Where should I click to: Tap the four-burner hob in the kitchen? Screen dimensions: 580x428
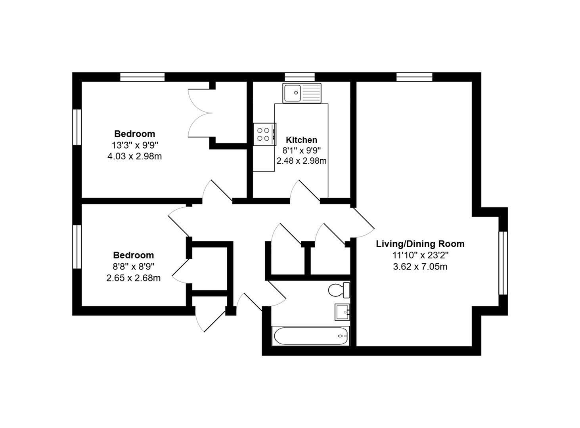[x=264, y=134]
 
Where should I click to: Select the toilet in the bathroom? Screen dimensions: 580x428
[x=339, y=290]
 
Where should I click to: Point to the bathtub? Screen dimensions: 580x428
[x=310, y=336]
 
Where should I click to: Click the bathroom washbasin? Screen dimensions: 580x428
[x=342, y=312]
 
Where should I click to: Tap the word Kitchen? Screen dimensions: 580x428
[x=301, y=140]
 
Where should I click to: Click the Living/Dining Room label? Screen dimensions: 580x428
[x=420, y=244]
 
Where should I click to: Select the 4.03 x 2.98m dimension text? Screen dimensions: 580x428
[x=134, y=157]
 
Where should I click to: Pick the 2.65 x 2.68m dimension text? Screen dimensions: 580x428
[x=133, y=278]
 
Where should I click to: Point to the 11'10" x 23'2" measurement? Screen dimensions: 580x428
[x=420, y=255]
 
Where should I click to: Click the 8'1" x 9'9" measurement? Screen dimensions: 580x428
[x=301, y=150]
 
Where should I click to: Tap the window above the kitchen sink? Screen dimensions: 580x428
[x=300, y=77]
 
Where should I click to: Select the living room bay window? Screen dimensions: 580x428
[x=503, y=263]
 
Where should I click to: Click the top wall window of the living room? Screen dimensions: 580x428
[x=414, y=77]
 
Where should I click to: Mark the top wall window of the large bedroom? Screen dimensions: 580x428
[x=142, y=77]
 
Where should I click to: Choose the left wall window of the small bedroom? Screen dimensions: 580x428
[x=77, y=247]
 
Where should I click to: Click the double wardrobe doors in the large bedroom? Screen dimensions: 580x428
[x=200, y=113]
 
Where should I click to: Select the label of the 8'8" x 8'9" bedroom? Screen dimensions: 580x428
[x=133, y=255]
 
